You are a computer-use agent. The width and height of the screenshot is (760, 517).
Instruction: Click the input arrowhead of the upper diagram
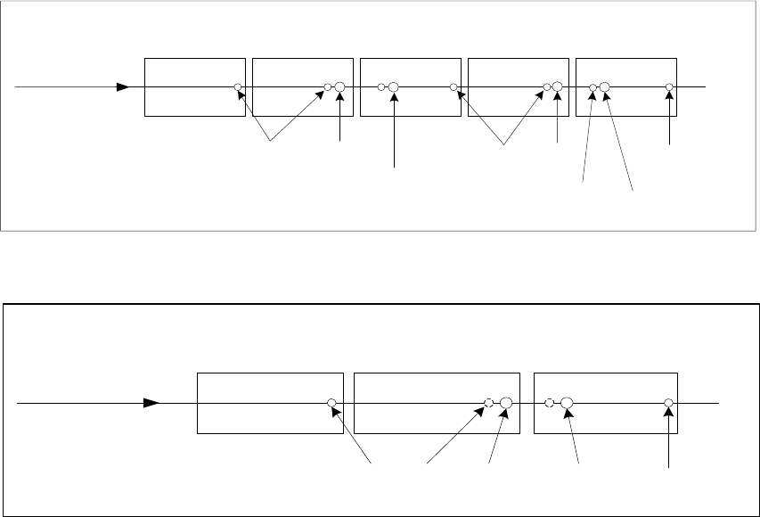click(x=124, y=87)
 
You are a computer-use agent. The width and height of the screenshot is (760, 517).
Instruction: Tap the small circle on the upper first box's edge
click(x=238, y=87)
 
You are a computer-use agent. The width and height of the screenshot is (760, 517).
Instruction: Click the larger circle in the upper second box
click(x=339, y=87)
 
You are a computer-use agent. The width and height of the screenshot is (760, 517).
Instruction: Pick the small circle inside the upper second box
click(x=328, y=87)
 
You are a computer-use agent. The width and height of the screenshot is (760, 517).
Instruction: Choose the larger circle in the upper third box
click(x=393, y=87)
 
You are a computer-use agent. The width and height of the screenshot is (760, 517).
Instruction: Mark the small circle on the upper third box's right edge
click(x=454, y=87)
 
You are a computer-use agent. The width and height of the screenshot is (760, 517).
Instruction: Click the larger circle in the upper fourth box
click(x=558, y=87)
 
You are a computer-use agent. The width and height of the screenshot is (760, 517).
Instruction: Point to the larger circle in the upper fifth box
click(x=605, y=87)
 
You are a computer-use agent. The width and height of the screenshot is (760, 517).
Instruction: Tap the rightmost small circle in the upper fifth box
click(x=670, y=87)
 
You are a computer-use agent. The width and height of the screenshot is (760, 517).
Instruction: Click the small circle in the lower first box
click(x=331, y=403)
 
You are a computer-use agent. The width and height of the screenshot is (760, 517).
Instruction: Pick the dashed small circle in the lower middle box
click(x=488, y=403)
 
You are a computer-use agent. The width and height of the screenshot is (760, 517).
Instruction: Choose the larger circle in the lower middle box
click(x=505, y=403)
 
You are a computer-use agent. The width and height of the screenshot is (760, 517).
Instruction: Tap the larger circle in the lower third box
click(x=566, y=403)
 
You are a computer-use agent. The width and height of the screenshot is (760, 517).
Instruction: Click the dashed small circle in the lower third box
click(x=550, y=403)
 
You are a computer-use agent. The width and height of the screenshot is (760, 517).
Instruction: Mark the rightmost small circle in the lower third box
click(x=668, y=403)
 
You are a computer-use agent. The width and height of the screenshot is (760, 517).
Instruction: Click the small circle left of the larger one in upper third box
click(x=381, y=87)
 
